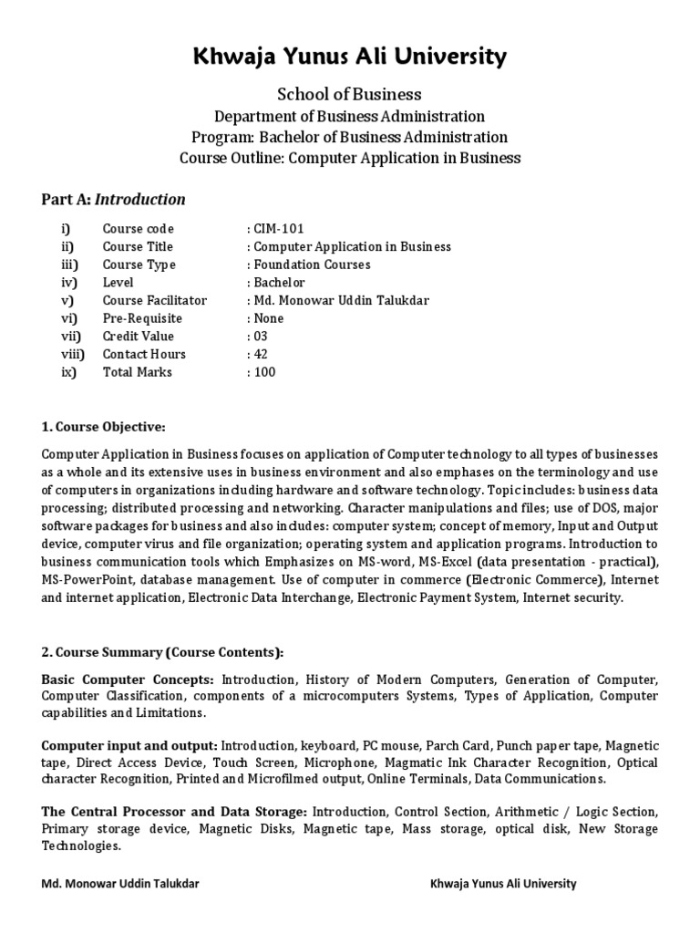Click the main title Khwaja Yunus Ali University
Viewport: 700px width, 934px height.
point(350,57)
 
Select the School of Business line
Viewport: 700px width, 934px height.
point(350,94)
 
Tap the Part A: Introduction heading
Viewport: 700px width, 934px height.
point(114,199)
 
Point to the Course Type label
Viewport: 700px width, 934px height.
point(139,265)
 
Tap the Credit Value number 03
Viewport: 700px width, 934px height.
point(262,337)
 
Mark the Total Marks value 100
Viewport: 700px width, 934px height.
point(264,372)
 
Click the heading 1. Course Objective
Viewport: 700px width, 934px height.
point(103,426)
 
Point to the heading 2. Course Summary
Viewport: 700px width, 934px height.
point(162,652)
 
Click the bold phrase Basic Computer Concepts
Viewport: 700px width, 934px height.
point(128,680)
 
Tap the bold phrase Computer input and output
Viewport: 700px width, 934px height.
point(129,745)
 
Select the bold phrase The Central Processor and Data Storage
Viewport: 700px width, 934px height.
point(174,811)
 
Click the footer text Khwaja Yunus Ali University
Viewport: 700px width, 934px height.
point(502,884)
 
